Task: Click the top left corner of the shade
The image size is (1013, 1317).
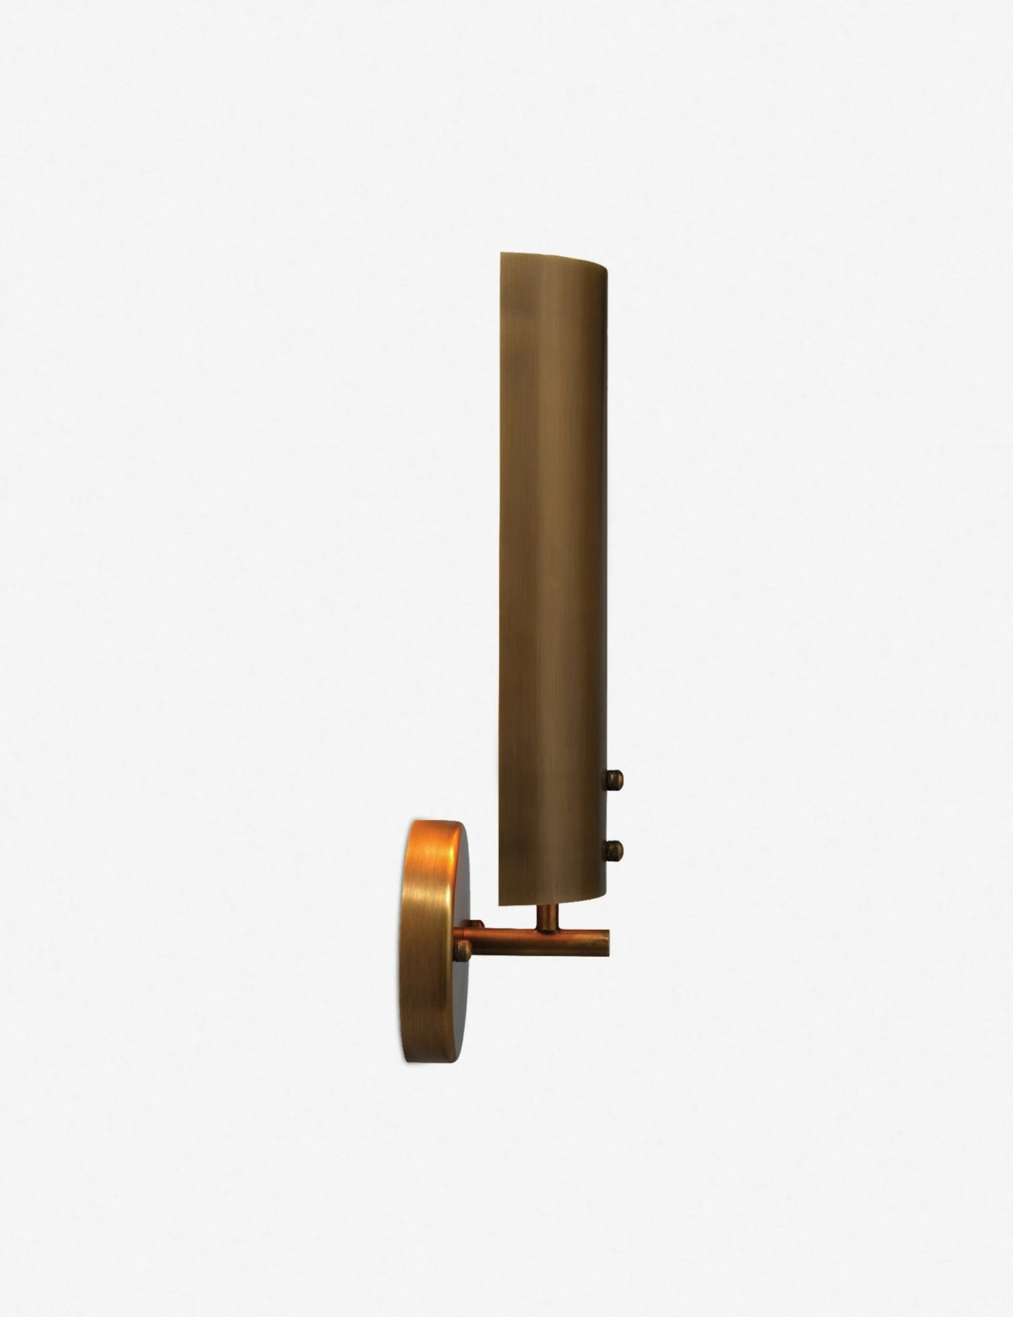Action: (500, 254)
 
